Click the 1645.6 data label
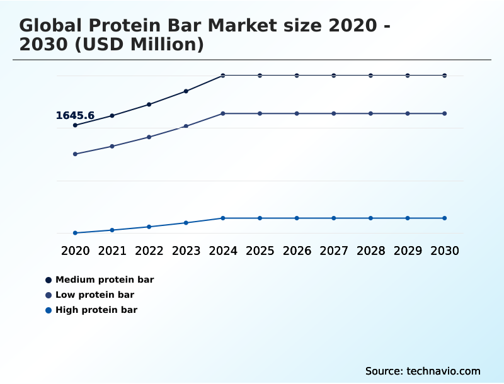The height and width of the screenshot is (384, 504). pos(75,115)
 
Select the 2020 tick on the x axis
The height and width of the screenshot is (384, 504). pos(75,251)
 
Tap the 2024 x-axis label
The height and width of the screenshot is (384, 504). pos(223,251)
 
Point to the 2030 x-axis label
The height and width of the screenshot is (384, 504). pos(445,251)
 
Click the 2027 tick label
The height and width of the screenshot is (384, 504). pos(334,251)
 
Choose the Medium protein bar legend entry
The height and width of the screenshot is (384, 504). pos(105,280)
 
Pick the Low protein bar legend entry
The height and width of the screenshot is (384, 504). pos(94,295)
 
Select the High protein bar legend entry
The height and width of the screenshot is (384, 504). pos(96,310)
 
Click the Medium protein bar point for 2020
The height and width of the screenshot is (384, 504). pos(75,125)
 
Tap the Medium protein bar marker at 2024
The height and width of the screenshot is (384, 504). pos(223,76)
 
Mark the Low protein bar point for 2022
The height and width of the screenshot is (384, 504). pos(149,137)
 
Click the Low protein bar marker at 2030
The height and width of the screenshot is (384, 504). pos(445,113)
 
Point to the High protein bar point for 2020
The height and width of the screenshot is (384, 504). pos(75,233)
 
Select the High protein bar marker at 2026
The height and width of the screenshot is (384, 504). pos(297,218)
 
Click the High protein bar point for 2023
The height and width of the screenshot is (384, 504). pos(186,223)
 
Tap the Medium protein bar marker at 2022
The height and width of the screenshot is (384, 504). pos(149,104)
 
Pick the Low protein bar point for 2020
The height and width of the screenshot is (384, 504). pos(75,154)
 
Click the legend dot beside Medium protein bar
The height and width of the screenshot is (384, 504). pos(49,280)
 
